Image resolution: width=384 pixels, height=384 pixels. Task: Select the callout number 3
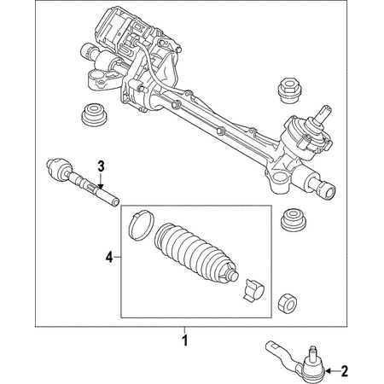click(x=100, y=165)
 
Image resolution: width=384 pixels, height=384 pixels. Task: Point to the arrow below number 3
click(x=100, y=179)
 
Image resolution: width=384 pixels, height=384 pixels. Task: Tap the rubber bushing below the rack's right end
click(x=294, y=221)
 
